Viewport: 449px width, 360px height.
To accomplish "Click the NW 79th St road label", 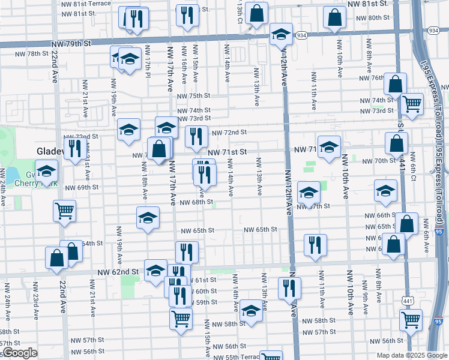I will (71, 43).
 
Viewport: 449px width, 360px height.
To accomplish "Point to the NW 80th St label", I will (379, 17).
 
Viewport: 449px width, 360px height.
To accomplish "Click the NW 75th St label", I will (193, 96).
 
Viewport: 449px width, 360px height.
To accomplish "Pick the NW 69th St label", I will (82, 187).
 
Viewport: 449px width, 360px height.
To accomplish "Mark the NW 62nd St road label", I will (119, 272).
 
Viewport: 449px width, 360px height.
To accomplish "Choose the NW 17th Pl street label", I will (148, 67).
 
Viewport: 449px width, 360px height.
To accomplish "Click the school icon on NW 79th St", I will (280, 35).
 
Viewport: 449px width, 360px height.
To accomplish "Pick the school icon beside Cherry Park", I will (46, 172).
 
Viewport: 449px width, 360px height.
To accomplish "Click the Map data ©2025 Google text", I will (412, 355).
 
